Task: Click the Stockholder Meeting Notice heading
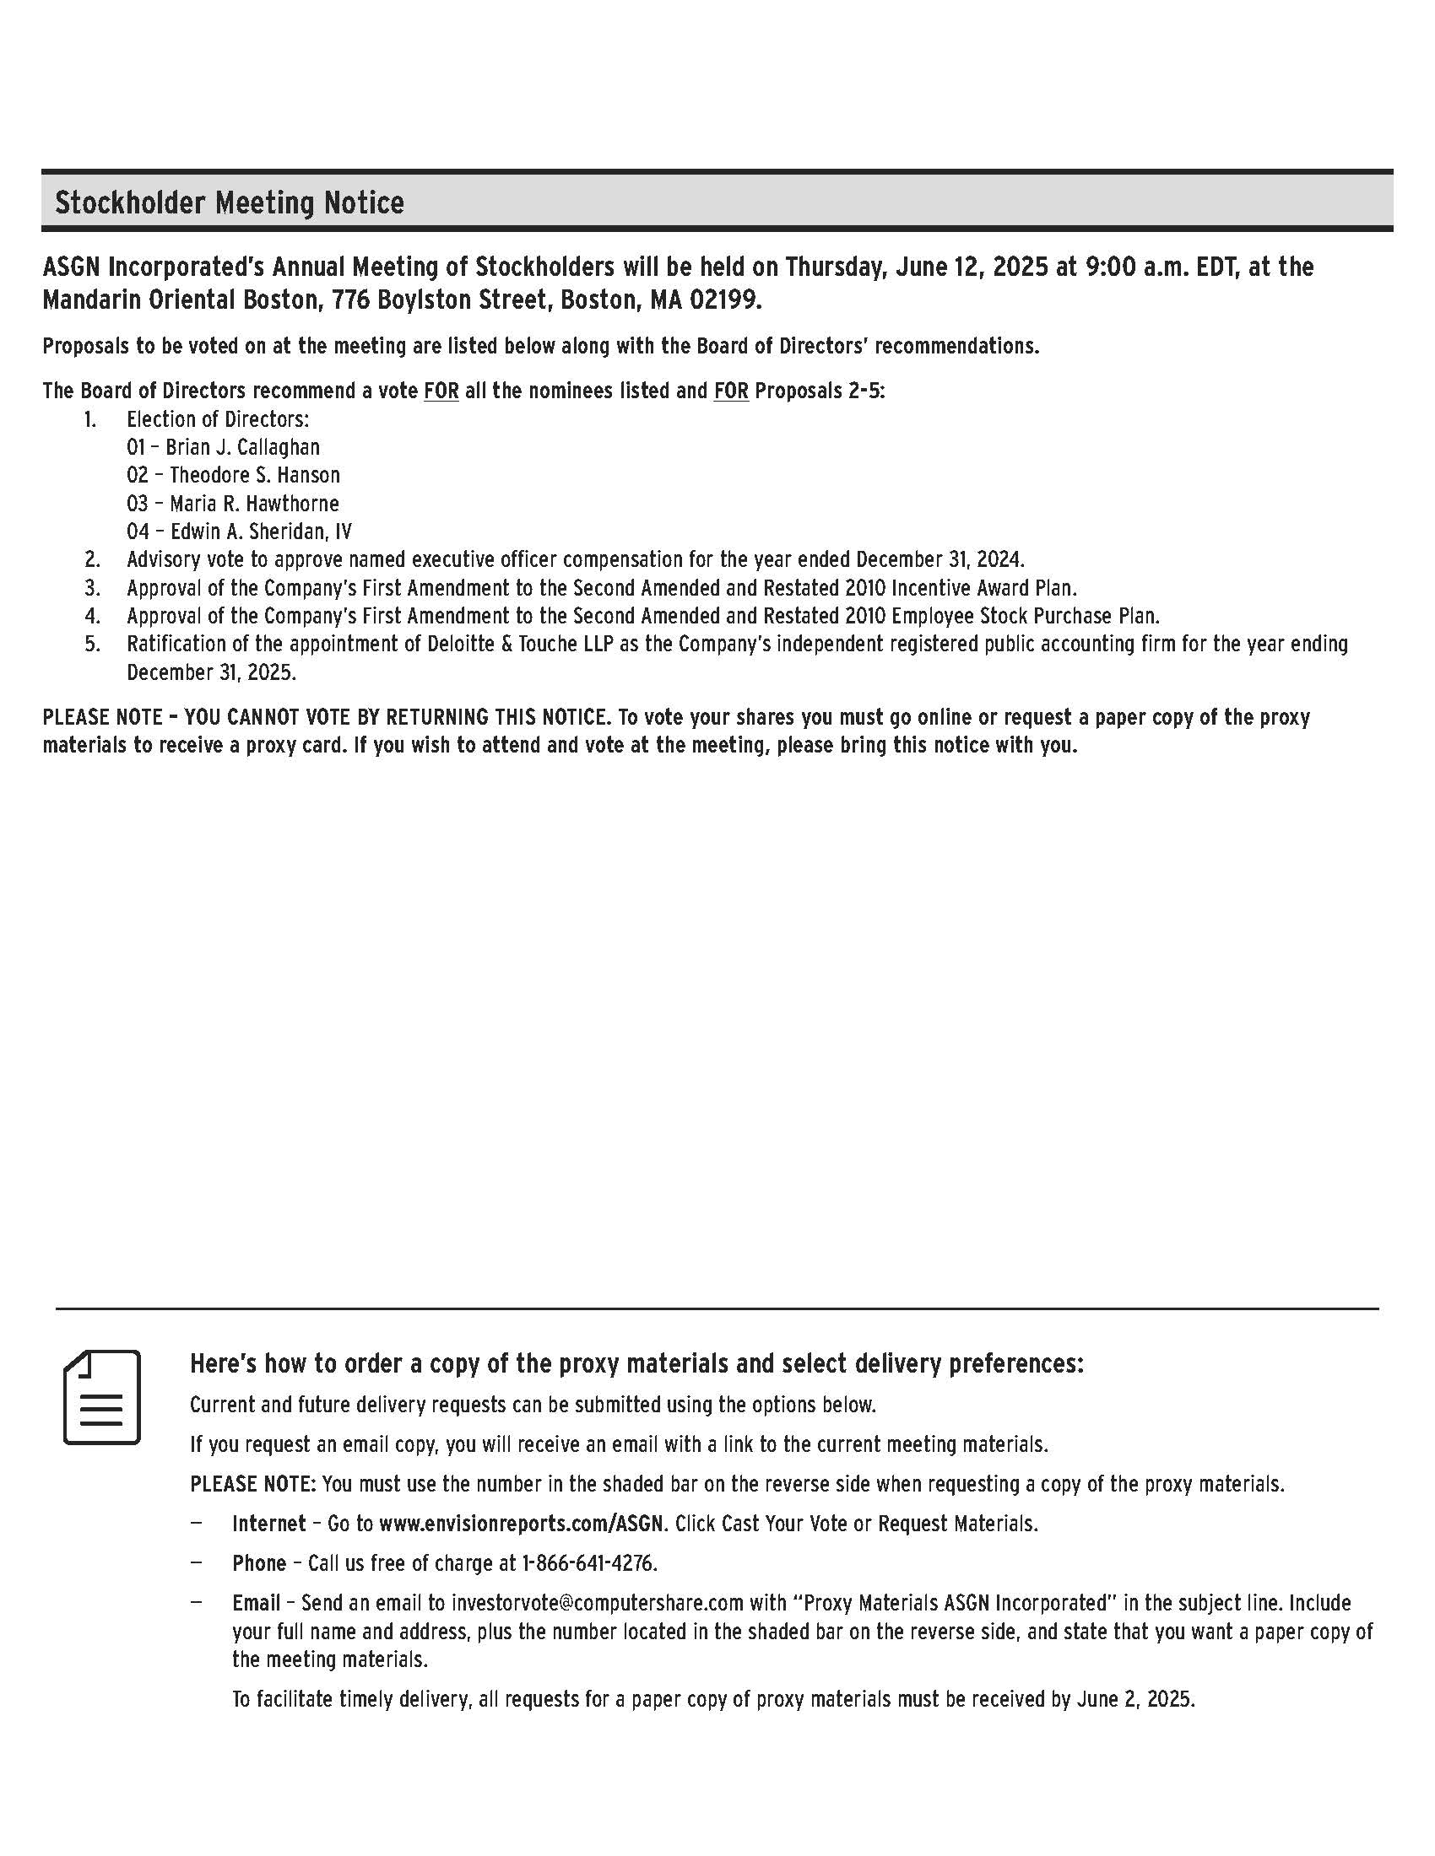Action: pyautogui.click(x=230, y=203)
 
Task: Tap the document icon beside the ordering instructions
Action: pyautogui.click(x=102, y=1397)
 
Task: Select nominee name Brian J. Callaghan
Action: pyautogui.click(x=242, y=447)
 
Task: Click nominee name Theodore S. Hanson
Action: pyautogui.click(x=254, y=475)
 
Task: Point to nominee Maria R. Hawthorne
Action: pyautogui.click(x=254, y=503)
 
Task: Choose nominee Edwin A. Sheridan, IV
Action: pyautogui.click(x=260, y=531)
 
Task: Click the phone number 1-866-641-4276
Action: pyautogui.click(x=589, y=1563)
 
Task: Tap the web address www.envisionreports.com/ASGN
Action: pyautogui.click(x=520, y=1524)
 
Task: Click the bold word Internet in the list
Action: pyautogui.click(x=268, y=1524)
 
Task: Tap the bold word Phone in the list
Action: pyautogui.click(x=259, y=1563)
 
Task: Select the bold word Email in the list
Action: pyautogui.click(x=256, y=1604)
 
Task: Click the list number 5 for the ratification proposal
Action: pyautogui.click(x=91, y=645)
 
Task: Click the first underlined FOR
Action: pyautogui.click(x=441, y=391)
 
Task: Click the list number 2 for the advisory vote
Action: pyautogui.click(x=91, y=559)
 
